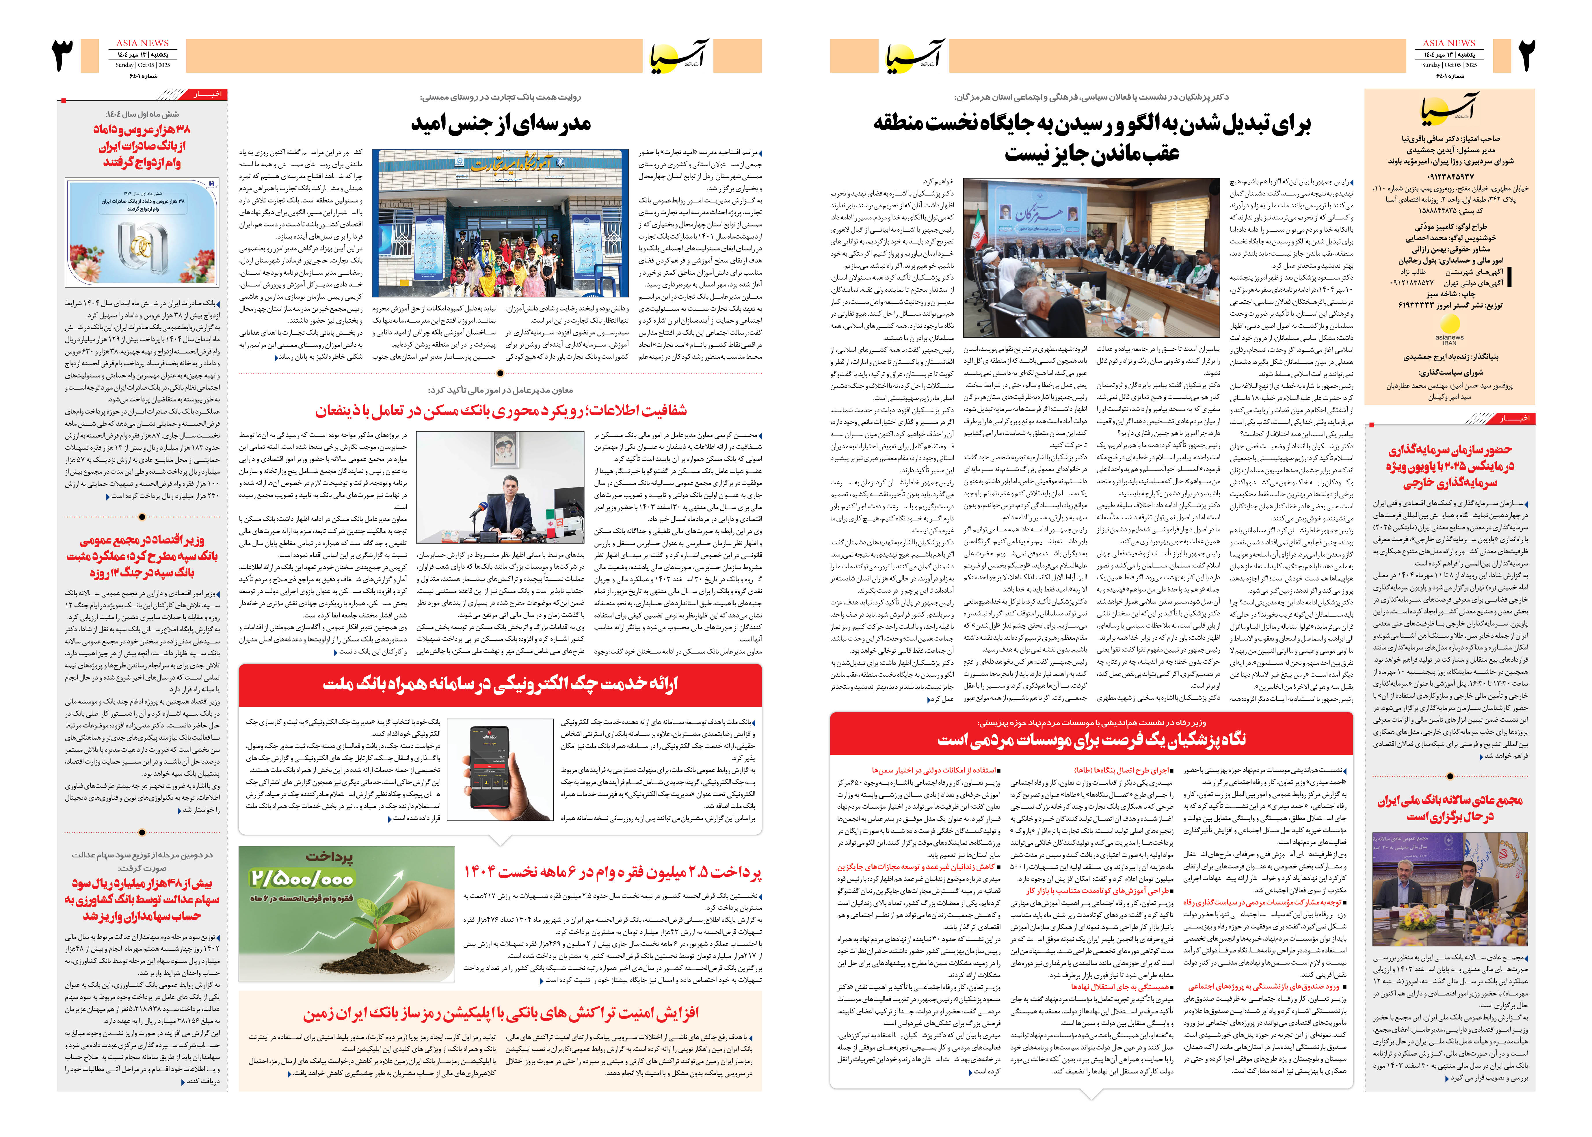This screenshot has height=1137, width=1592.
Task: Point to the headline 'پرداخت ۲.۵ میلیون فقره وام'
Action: (x=613, y=872)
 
